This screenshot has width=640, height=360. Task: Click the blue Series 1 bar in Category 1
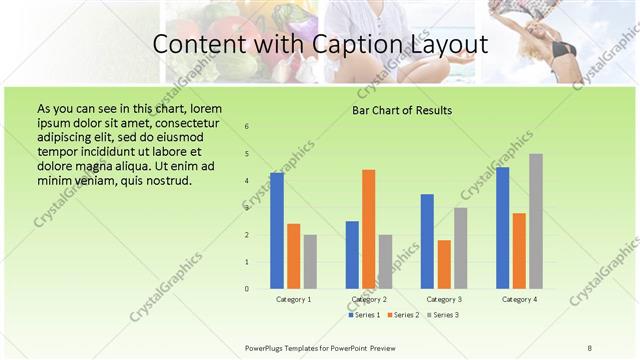[x=277, y=231]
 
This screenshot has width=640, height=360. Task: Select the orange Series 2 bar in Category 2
[x=369, y=229]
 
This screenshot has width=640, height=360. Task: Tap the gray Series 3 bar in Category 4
[x=536, y=221]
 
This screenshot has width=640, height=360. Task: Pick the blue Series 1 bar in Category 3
[x=427, y=241]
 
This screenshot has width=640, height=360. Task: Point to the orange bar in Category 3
[x=444, y=264]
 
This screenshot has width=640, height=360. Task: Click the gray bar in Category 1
[x=310, y=262]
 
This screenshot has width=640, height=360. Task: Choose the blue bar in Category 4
[x=502, y=228]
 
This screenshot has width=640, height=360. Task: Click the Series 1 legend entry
[x=364, y=315]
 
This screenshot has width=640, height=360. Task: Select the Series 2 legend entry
[x=403, y=315]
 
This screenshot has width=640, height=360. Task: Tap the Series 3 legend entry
[x=443, y=315]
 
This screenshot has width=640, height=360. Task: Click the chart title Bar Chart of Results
[x=402, y=110]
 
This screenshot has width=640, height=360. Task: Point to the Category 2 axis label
[x=369, y=299]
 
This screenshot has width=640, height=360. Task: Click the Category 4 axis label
[x=518, y=299]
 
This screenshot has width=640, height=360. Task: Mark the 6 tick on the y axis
[x=247, y=127]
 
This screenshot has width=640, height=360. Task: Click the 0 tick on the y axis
[x=247, y=289]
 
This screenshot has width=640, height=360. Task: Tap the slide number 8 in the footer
[x=590, y=346]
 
